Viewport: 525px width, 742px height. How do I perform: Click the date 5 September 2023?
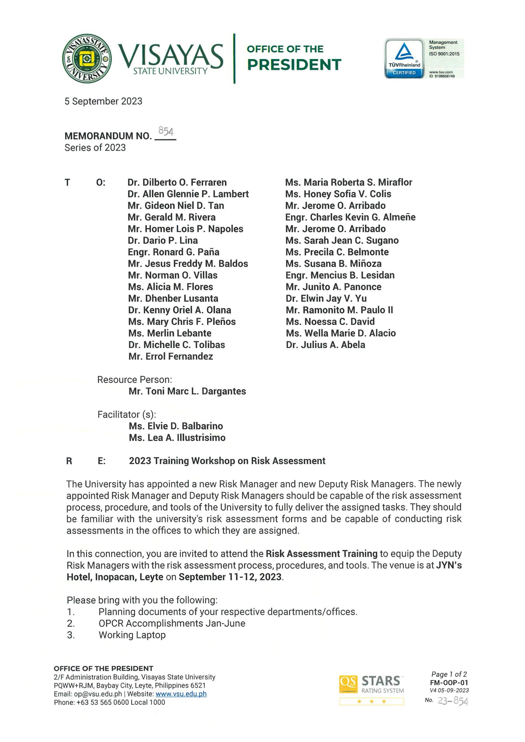(x=103, y=101)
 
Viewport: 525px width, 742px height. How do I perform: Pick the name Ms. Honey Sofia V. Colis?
(x=338, y=194)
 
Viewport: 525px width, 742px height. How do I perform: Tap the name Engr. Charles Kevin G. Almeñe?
(x=350, y=217)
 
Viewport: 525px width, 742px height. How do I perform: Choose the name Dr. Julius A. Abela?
(x=325, y=345)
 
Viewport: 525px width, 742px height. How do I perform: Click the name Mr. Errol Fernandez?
(x=170, y=357)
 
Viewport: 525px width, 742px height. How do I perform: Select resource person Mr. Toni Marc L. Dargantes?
(x=187, y=391)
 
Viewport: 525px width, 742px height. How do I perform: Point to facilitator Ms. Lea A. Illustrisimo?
(x=177, y=438)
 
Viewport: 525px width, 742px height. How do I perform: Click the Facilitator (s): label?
(x=127, y=415)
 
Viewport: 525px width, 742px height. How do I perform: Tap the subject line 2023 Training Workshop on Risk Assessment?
(x=227, y=461)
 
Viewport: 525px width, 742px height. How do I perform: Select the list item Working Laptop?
(x=132, y=635)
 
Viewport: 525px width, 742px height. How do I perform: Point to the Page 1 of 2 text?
(x=449, y=674)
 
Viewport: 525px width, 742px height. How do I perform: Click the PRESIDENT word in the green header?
(x=294, y=65)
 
